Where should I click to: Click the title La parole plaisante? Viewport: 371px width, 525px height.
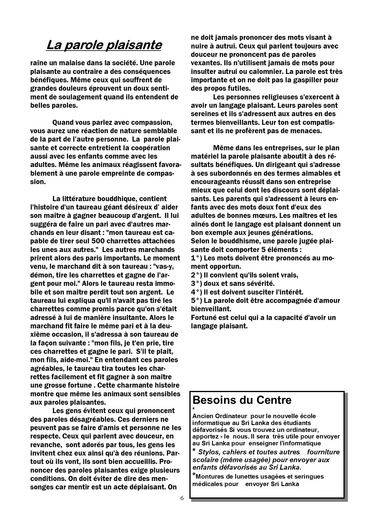pyautogui.click(x=104, y=45)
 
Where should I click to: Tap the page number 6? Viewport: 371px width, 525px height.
pyautogui.click(x=182, y=498)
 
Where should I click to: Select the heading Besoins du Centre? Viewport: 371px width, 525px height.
pyautogui.click(x=242, y=400)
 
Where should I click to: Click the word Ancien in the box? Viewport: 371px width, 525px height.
pyautogui.click(x=203, y=416)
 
